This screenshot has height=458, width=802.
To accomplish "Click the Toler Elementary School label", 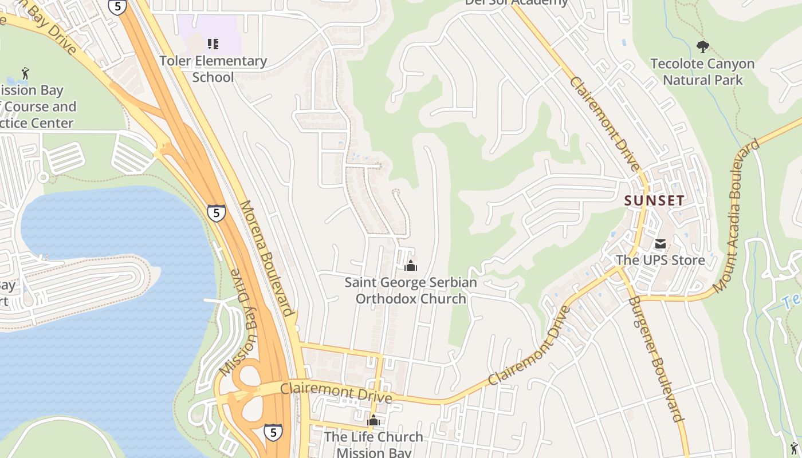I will tap(213, 69).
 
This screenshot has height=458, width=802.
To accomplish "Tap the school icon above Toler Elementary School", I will tap(213, 44).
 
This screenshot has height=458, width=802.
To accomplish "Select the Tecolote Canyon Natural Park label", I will tap(702, 72).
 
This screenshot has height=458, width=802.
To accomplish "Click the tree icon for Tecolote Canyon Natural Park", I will tap(702, 47).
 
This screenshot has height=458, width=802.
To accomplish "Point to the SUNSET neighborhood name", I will tap(654, 200).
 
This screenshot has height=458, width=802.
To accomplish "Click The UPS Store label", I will tap(660, 260).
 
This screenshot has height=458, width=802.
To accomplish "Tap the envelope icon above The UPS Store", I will tap(661, 244).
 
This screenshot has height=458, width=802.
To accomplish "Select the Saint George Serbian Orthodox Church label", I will tap(410, 290).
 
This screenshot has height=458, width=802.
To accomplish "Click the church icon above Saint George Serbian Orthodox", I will tap(410, 266).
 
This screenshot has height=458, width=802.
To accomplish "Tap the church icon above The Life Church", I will tap(374, 421).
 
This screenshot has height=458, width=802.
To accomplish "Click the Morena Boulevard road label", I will tap(267, 258).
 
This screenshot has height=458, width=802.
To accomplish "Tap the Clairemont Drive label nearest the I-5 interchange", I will tap(336, 393).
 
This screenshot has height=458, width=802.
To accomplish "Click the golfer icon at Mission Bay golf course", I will tap(25, 73).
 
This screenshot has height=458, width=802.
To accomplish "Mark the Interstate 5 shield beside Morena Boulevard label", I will tap(217, 213).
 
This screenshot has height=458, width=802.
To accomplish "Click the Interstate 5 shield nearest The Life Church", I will tap(273, 432).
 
